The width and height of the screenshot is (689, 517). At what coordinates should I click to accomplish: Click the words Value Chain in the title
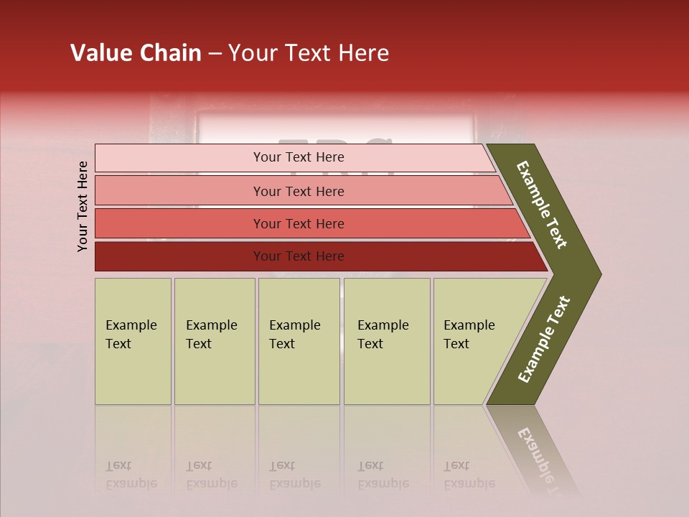click(x=136, y=53)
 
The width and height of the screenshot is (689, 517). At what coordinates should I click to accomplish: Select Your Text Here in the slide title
click(x=309, y=53)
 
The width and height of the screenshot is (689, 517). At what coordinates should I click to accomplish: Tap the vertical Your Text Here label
click(x=83, y=206)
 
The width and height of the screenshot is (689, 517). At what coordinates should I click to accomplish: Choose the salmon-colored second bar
click(x=298, y=191)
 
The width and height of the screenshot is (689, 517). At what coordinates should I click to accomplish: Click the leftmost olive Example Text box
click(x=133, y=341)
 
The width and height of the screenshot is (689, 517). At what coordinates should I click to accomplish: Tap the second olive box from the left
click(x=215, y=341)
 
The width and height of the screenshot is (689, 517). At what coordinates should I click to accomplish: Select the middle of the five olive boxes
click(x=299, y=341)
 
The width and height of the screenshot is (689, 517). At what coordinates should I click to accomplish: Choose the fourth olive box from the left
click(x=387, y=341)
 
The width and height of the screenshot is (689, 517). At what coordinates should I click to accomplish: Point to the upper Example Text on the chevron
click(x=542, y=205)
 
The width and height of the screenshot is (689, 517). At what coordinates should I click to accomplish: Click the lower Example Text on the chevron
click(x=544, y=340)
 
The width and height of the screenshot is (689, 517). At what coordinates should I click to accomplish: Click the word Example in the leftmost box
click(x=131, y=325)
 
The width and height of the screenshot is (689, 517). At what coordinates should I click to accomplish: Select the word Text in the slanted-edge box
click(x=456, y=344)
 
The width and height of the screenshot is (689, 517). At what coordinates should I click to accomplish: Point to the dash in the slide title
click(x=215, y=53)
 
